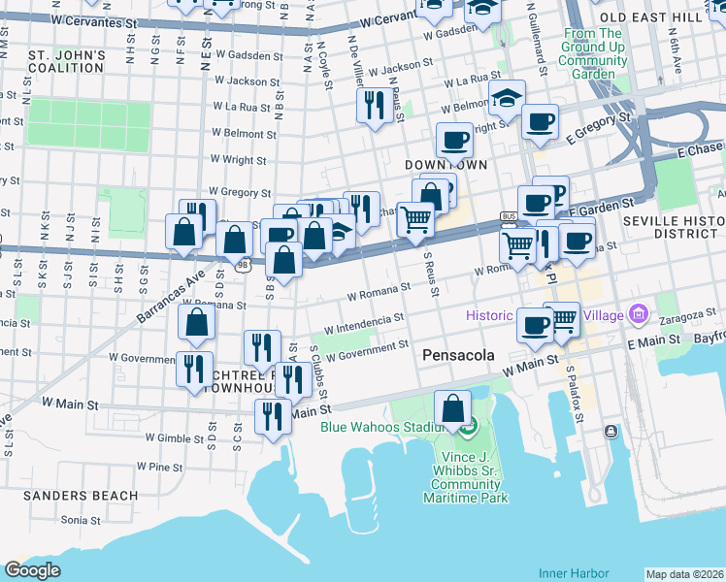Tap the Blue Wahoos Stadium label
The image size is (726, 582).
(x=383, y=426)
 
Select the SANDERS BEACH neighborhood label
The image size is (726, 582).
(x=67, y=495)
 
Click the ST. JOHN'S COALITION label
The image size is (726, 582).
(x=67, y=61)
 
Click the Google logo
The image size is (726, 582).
(x=32, y=569)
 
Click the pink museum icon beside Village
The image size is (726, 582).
(x=638, y=313)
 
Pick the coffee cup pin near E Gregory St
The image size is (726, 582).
(x=540, y=122)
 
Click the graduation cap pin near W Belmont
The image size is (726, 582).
(x=506, y=97)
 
